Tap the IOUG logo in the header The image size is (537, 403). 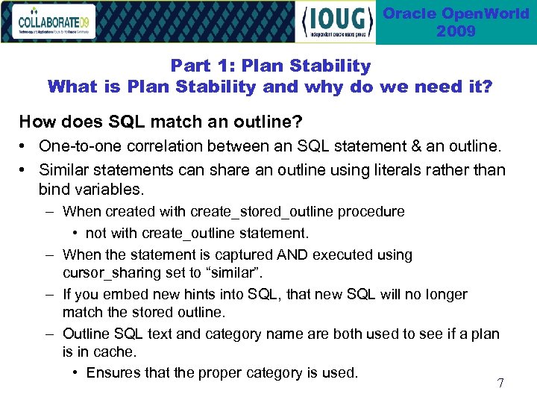[336, 22]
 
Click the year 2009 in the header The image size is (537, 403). [456, 31]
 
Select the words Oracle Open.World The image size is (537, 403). [456, 13]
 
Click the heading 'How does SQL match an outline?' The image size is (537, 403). [150, 122]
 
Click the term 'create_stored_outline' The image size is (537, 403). [263, 212]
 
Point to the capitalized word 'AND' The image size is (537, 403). [291, 255]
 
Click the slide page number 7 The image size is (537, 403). [500, 384]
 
